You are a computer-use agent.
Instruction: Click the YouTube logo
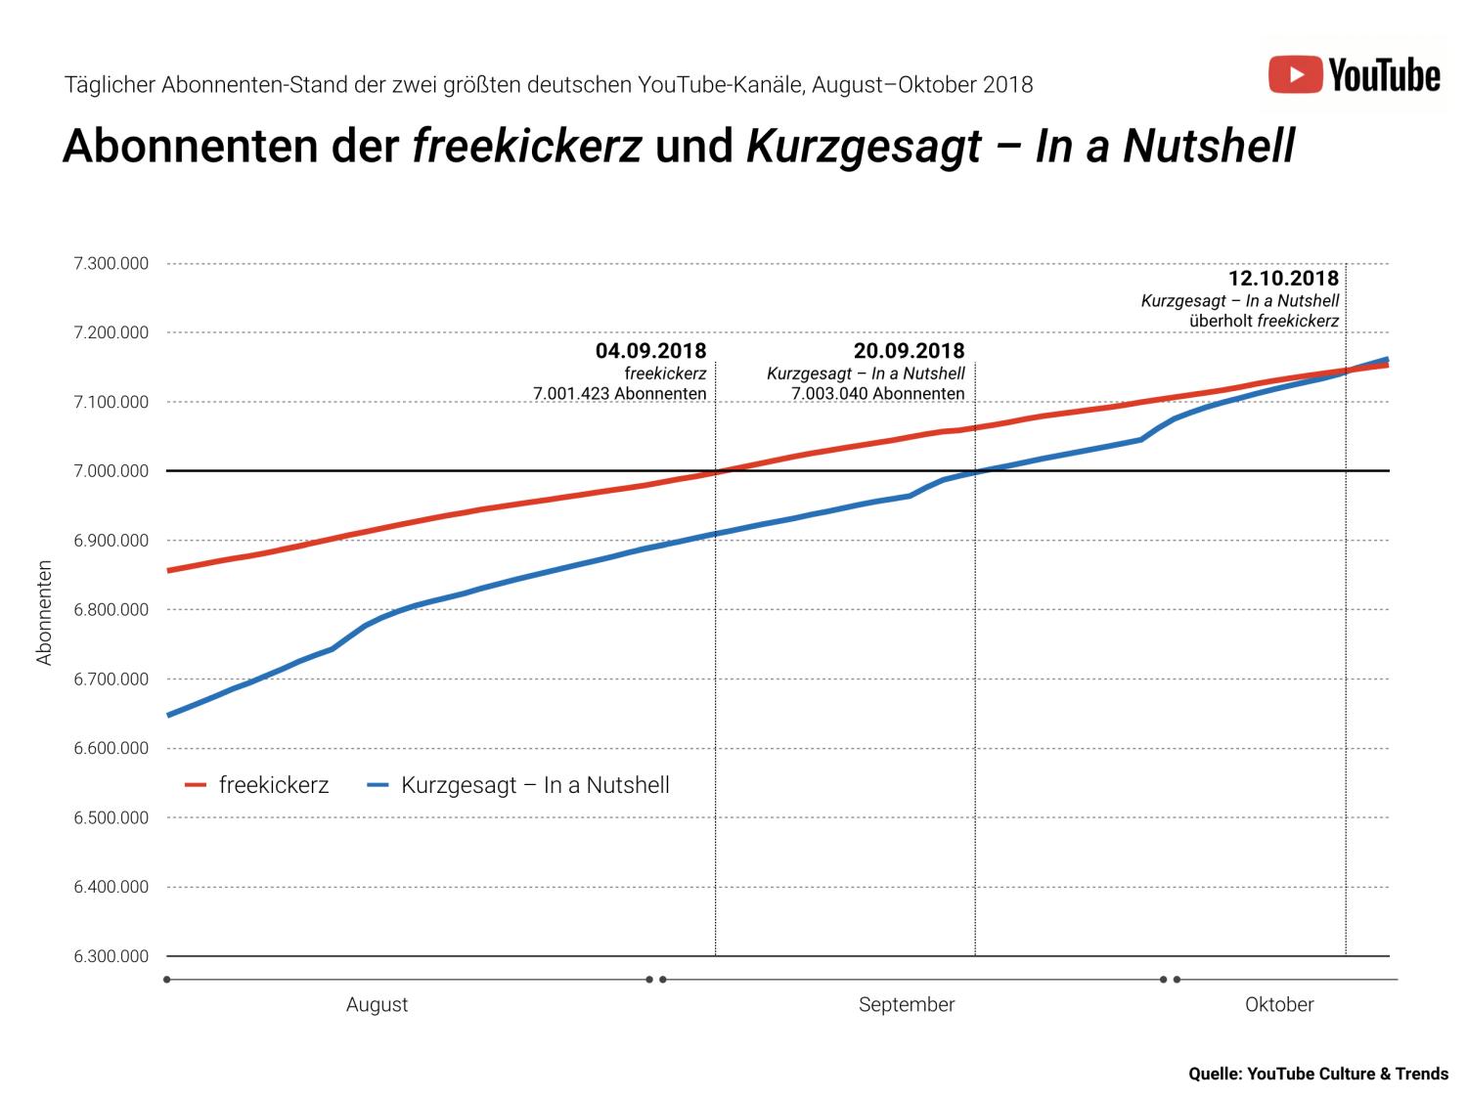click(1355, 75)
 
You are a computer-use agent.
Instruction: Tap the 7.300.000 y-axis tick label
click(111, 264)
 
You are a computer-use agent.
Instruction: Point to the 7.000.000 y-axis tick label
click(111, 471)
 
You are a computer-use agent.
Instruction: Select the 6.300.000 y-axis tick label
click(111, 956)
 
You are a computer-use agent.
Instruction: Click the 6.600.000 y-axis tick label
click(111, 749)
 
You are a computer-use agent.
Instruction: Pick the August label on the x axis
click(377, 1005)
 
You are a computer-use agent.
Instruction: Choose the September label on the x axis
click(907, 1005)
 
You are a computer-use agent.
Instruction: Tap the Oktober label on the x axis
click(1279, 1005)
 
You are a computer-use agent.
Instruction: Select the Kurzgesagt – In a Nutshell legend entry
click(519, 785)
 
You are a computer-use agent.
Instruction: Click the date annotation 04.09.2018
click(650, 351)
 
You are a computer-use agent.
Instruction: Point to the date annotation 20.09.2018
click(909, 351)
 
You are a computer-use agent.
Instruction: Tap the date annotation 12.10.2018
click(1283, 279)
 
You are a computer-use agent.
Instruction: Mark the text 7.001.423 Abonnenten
click(619, 394)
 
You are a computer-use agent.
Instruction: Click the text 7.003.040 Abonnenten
click(877, 394)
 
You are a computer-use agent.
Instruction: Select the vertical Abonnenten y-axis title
click(44, 613)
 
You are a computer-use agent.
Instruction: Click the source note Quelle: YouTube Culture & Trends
click(1317, 1074)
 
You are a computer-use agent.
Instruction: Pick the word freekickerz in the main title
click(527, 147)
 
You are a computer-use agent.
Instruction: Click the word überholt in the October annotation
click(1221, 321)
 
